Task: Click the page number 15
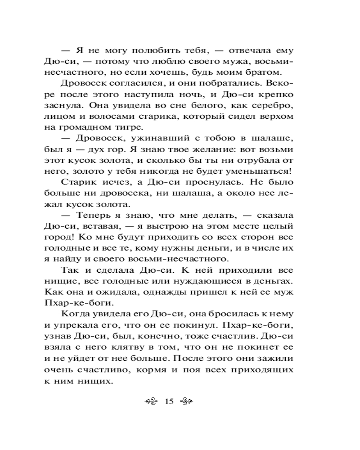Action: coord(169,401)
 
